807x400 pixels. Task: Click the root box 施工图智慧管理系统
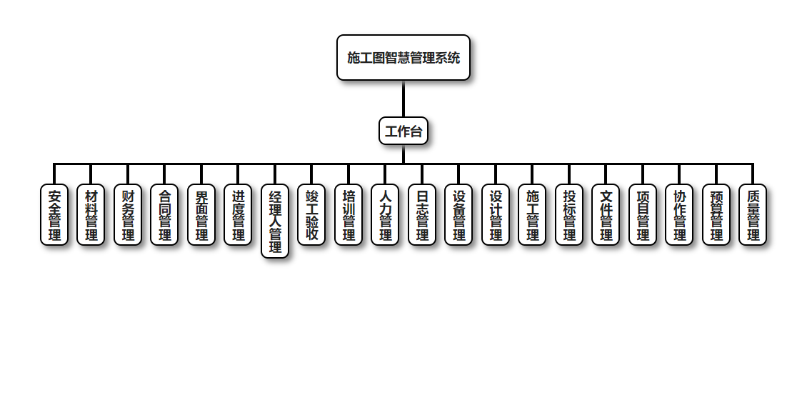pyautogui.click(x=403, y=58)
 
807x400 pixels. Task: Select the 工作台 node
pyautogui.click(x=403, y=131)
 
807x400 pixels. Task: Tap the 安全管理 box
pyautogui.click(x=54, y=215)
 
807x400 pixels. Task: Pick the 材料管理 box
pyautogui.click(x=91, y=215)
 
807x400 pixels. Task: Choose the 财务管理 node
pyautogui.click(x=128, y=215)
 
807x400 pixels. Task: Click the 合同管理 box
pyautogui.click(x=165, y=215)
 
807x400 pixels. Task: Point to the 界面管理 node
pyautogui.click(x=201, y=215)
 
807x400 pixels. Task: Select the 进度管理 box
pyautogui.click(x=239, y=215)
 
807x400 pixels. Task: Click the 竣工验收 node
pyautogui.click(x=312, y=215)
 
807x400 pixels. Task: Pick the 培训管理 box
pyautogui.click(x=349, y=215)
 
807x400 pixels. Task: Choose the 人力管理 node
pyautogui.click(x=386, y=215)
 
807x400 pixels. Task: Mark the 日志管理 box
pyautogui.click(x=422, y=215)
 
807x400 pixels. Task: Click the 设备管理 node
pyautogui.click(x=459, y=215)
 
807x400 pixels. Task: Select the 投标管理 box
pyautogui.click(x=569, y=215)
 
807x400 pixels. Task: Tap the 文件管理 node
pyautogui.click(x=606, y=215)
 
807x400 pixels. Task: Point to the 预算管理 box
pyautogui.click(x=716, y=215)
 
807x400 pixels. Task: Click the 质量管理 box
pyautogui.click(x=753, y=215)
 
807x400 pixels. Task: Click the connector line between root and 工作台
pyautogui.click(x=403, y=99)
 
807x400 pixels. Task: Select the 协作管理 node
pyautogui.click(x=680, y=215)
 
